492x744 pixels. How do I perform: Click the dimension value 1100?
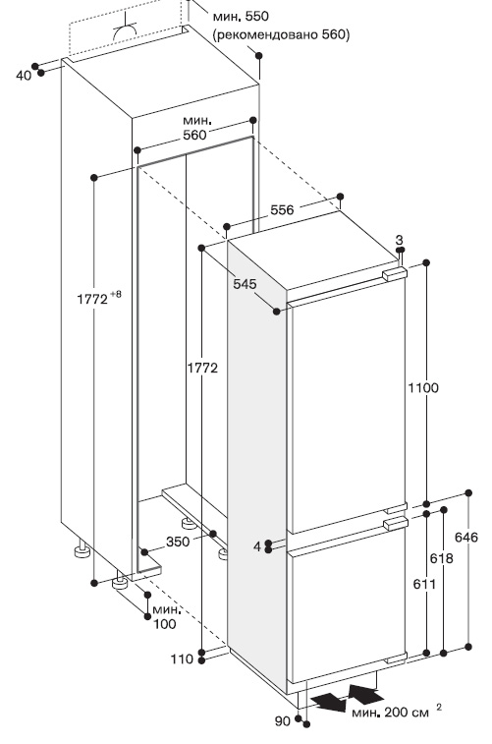423,387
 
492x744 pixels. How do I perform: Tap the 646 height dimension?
466,538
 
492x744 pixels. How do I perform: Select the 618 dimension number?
441,558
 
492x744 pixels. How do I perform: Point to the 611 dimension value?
424,584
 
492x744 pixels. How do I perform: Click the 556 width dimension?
282,209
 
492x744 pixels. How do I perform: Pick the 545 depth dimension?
245,284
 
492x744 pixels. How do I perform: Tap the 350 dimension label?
178,542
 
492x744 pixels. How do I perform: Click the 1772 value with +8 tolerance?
99,299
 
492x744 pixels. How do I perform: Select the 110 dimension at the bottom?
183,658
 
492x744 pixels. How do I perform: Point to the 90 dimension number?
282,721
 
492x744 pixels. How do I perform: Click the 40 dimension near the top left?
24,75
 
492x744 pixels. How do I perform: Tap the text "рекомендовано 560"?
281,34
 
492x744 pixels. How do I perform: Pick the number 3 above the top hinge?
399,240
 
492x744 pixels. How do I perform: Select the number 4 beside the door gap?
257,546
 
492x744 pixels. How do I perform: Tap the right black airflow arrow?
366,694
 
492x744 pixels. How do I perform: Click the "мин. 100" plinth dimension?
164,616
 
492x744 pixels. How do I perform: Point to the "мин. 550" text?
241,16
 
